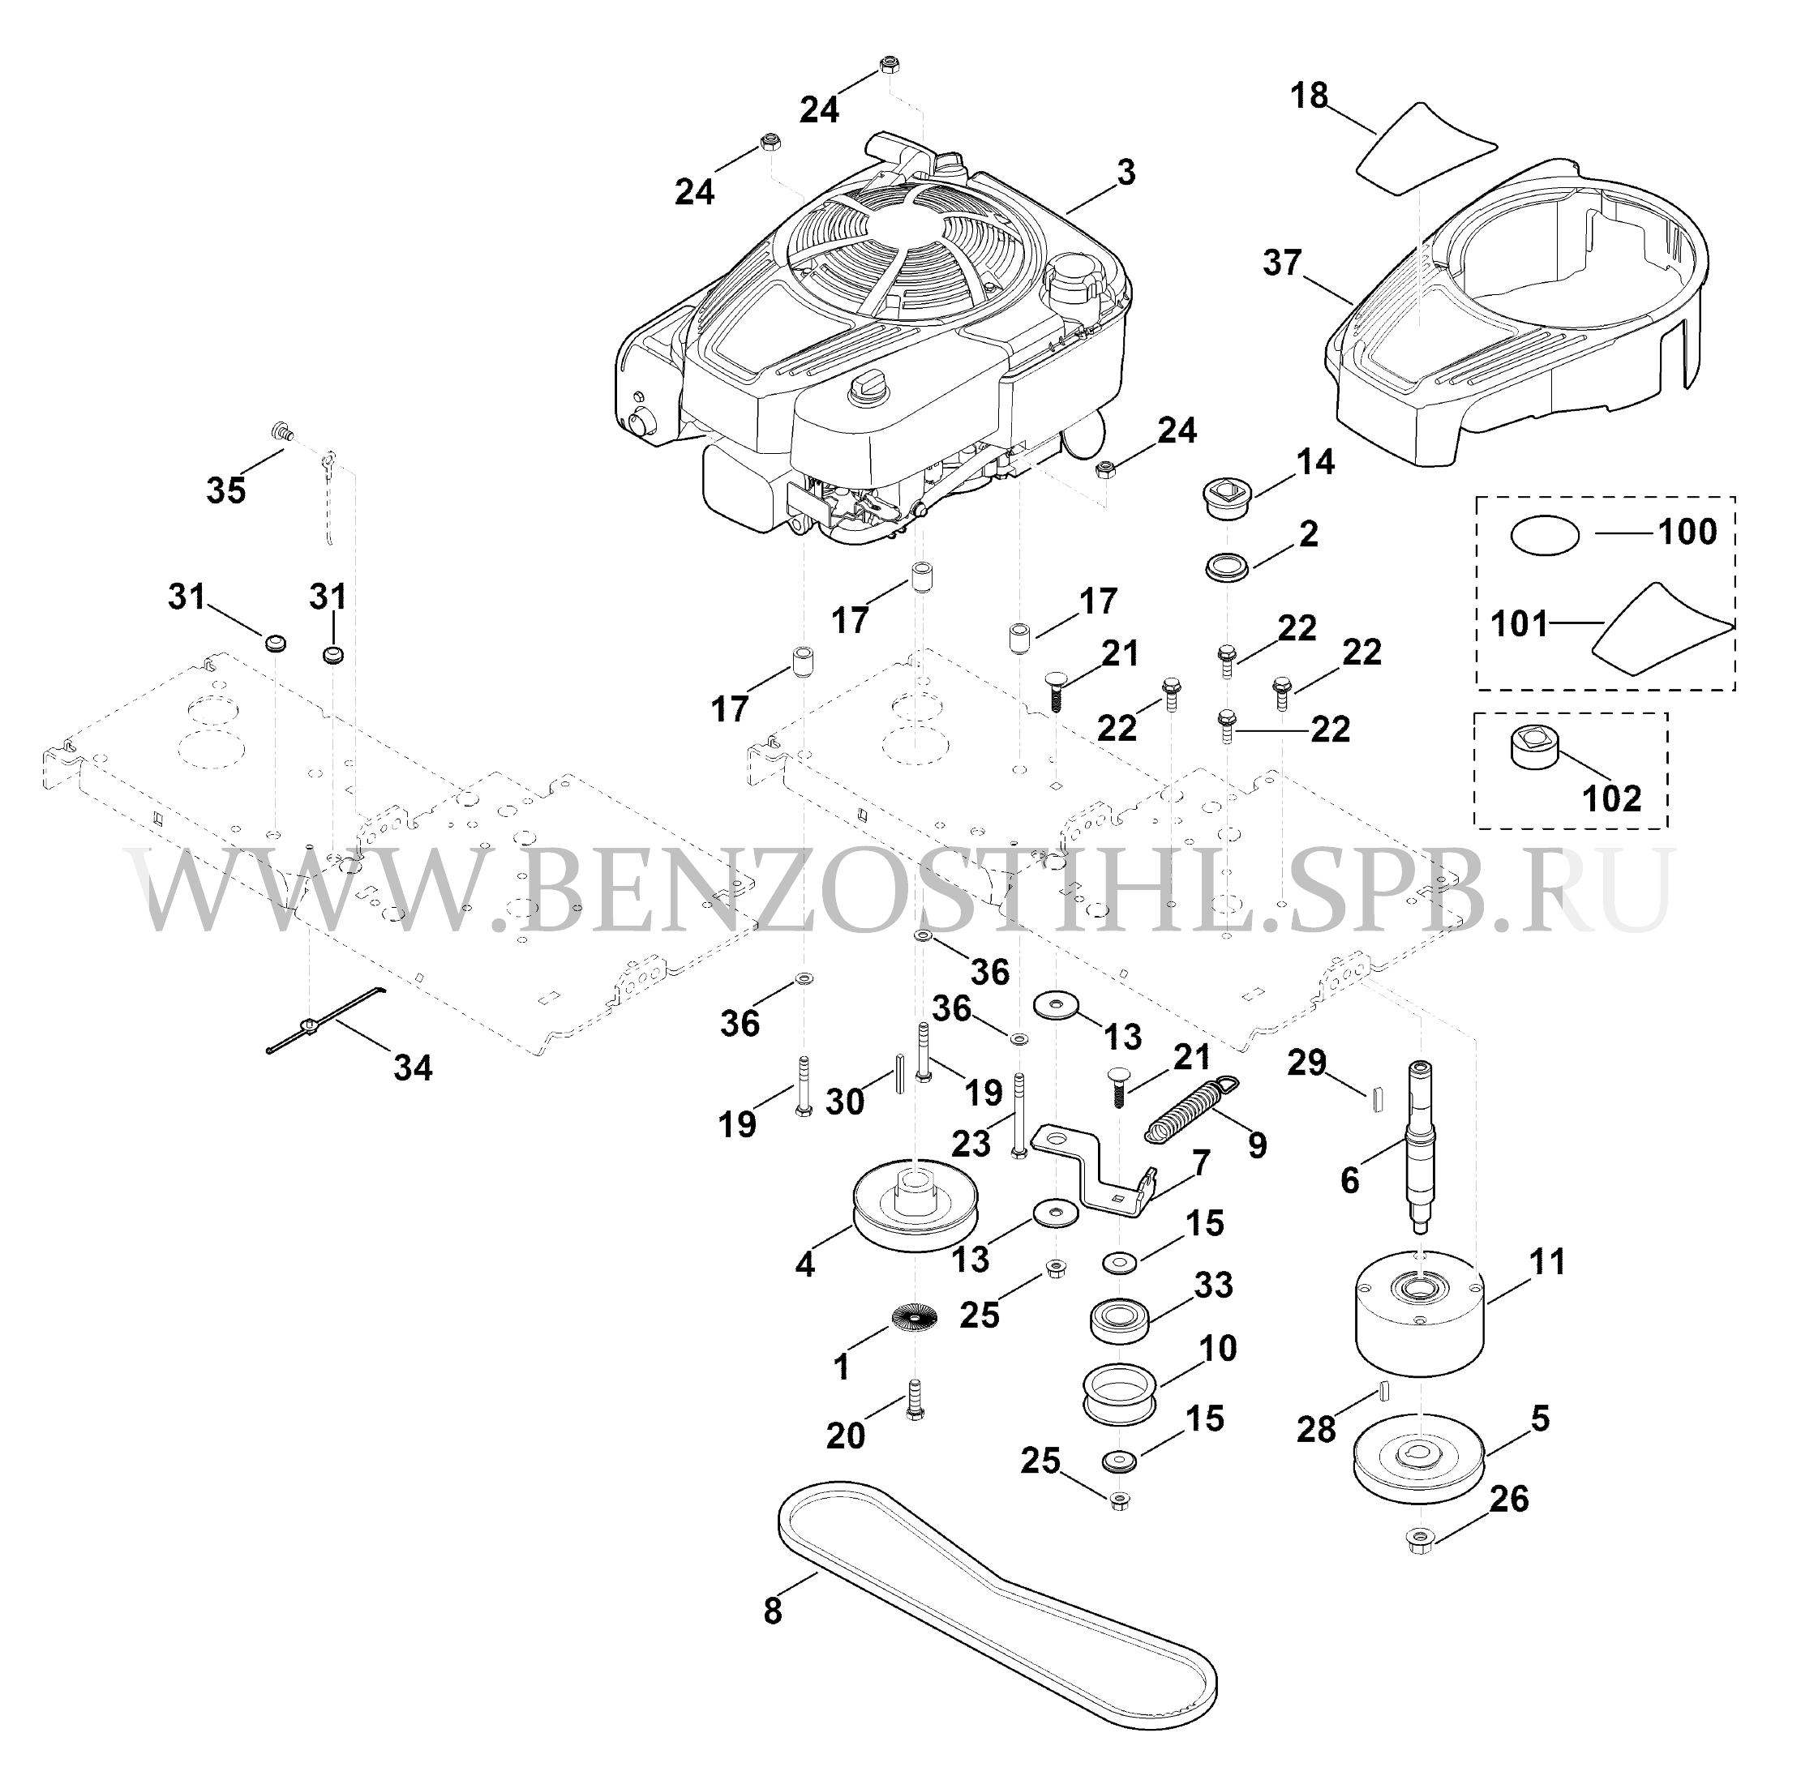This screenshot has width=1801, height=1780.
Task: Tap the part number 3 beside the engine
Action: pos(1126,172)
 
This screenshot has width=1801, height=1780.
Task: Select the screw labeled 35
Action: pos(281,431)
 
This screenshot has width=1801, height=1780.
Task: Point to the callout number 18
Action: pos(1310,96)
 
